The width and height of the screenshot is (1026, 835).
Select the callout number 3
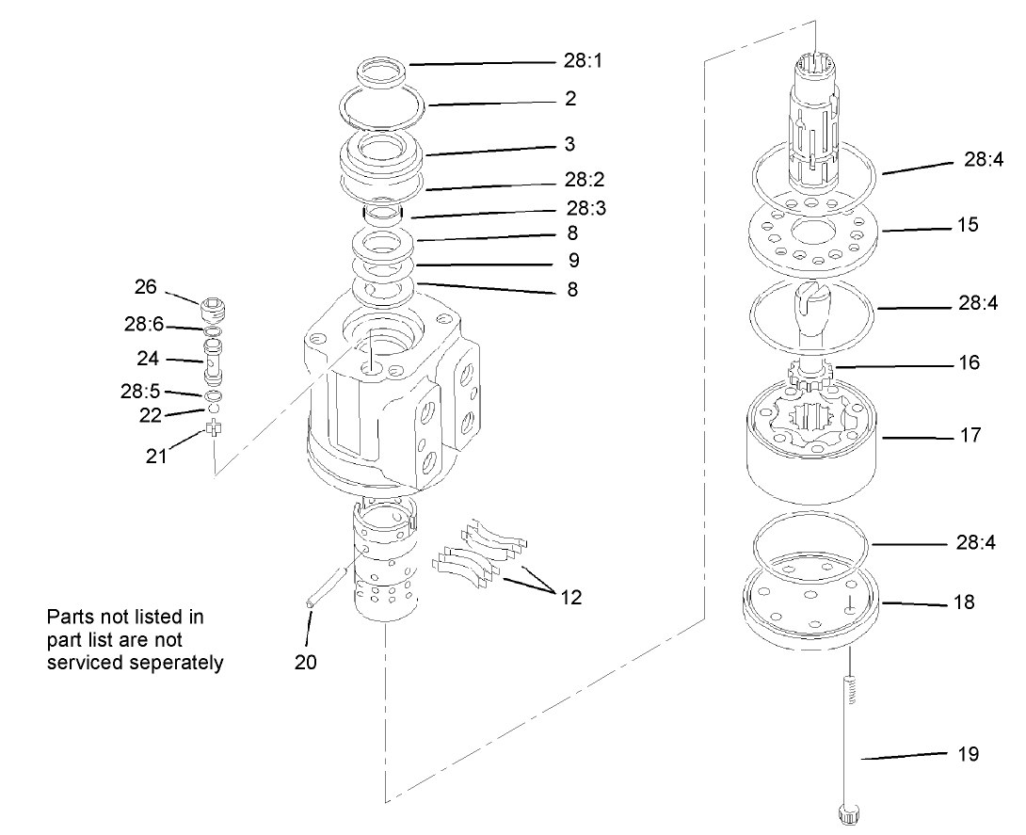pyautogui.click(x=569, y=145)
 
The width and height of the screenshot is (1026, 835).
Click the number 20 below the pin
pyautogui.click(x=305, y=662)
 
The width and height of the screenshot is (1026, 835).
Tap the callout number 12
pyautogui.click(x=569, y=597)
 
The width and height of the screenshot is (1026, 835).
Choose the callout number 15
pyautogui.click(x=966, y=226)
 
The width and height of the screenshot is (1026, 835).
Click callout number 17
pyautogui.click(x=970, y=436)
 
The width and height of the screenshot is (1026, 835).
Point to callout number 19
pyautogui.click(x=968, y=754)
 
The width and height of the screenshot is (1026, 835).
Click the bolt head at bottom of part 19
pyautogui.click(x=849, y=813)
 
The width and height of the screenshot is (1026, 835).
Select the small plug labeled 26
pyautogui.click(x=214, y=310)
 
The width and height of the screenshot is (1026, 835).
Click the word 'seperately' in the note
pyautogui.click(x=178, y=662)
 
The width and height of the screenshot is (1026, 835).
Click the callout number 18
pyautogui.click(x=964, y=602)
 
